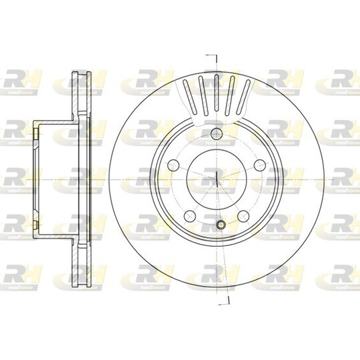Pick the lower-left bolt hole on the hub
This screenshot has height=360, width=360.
pyautogui.click(x=189, y=214)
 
